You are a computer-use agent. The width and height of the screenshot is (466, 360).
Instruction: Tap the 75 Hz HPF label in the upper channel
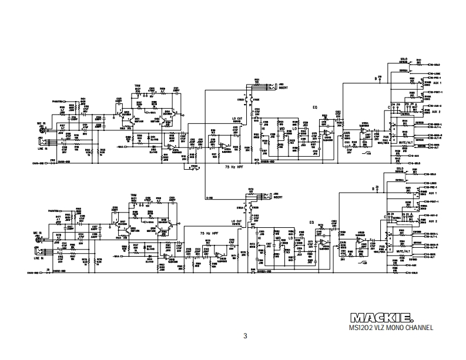pyautogui.click(x=235, y=167)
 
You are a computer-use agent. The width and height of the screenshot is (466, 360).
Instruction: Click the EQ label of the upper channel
pyautogui.click(x=314, y=107)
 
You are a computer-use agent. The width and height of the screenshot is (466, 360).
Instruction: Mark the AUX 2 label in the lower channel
pyautogui.click(x=434, y=221)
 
